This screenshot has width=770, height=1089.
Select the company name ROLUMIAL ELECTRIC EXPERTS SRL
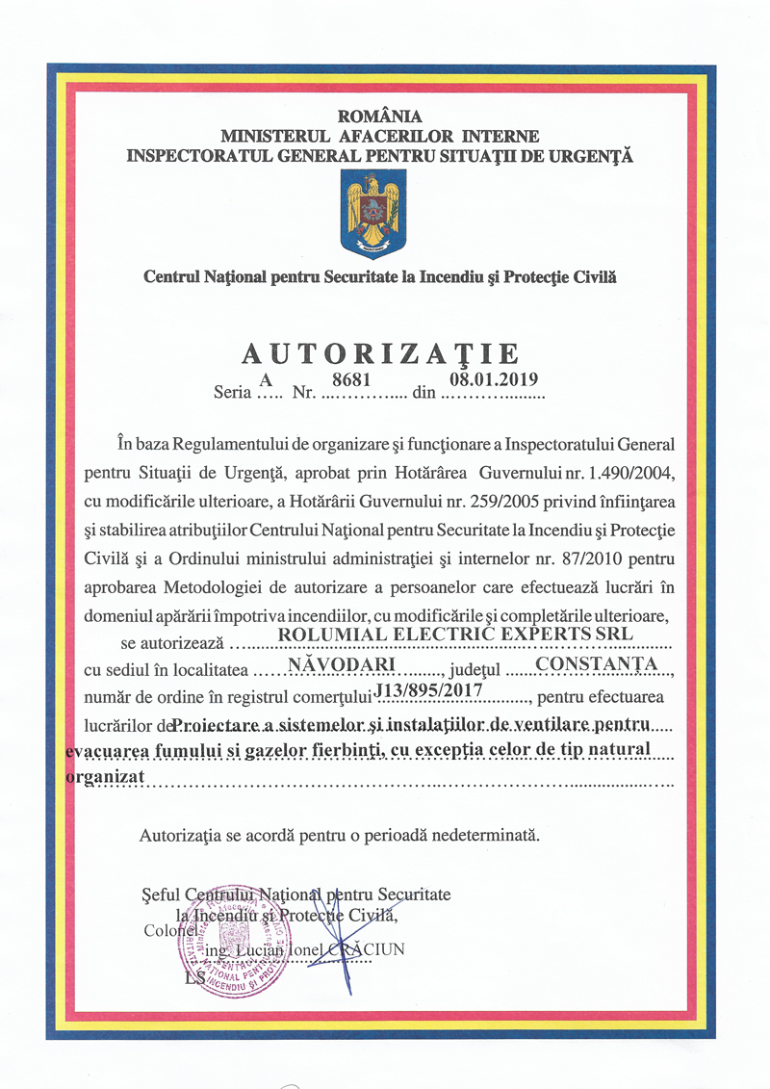point(455,634)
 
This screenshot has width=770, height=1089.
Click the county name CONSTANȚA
point(597,663)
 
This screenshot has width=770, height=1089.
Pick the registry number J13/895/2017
point(433,689)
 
